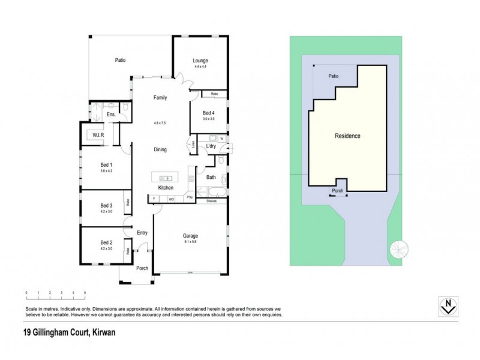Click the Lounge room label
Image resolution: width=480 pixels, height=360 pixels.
pos(200,61)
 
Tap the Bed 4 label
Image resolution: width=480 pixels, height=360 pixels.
pos(208,113)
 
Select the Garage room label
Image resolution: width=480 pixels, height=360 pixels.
pos(191,236)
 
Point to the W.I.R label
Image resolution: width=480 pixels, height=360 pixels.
pos(98,136)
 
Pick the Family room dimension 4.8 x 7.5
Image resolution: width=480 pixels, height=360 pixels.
pos(159,122)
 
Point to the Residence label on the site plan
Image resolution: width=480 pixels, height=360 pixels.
pos(347,136)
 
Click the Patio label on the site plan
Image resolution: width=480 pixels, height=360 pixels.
pos(333,77)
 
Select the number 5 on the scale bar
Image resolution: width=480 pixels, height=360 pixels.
pos(85,293)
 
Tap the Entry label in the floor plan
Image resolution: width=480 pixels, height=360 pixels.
pos(142,233)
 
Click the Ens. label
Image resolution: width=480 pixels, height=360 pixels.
pos(111,114)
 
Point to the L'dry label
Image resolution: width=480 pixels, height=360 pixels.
pos(211,146)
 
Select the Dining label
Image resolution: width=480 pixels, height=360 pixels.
pos(160,149)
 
